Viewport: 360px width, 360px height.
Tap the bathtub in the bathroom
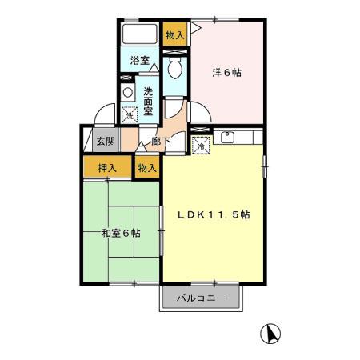(140, 35)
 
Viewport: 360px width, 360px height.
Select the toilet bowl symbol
(175, 69)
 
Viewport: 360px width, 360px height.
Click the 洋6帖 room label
(226, 72)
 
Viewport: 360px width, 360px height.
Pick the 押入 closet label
(107, 168)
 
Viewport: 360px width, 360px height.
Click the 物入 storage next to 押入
(146, 168)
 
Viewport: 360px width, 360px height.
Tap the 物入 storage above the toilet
(174, 34)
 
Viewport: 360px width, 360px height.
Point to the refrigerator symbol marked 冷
(201, 145)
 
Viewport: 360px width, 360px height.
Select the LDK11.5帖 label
(214, 214)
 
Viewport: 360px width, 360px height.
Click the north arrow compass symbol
(271, 332)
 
